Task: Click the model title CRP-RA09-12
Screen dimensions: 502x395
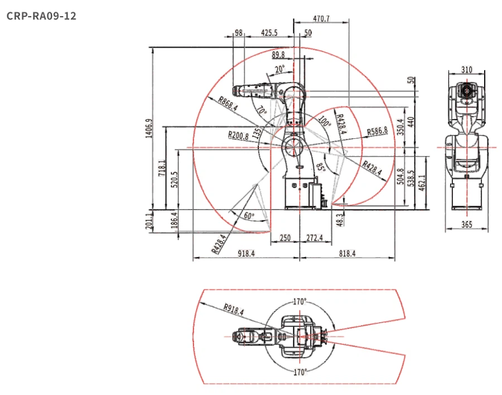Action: click(41, 16)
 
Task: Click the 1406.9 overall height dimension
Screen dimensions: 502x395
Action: click(149, 128)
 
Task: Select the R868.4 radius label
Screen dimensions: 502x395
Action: click(228, 104)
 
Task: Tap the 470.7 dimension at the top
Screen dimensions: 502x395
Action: click(321, 18)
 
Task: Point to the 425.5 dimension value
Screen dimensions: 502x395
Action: click(269, 33)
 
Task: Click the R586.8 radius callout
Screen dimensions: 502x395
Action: click(377, 131)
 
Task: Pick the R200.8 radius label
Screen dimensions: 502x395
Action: click(238, 135)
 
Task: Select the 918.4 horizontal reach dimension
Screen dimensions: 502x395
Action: click(246, 253)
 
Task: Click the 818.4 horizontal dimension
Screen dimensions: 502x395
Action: click(347, 253)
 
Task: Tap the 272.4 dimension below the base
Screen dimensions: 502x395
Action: click(315, 238)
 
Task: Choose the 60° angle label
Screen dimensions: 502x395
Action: click(249, 215)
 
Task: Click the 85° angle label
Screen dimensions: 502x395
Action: click(321, 167)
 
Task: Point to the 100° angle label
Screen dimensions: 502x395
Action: click(324, 122)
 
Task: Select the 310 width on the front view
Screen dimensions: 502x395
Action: click(466, 70)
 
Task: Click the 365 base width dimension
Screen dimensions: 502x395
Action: click(466, 224)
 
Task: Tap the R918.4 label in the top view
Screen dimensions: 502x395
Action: click(233, 309)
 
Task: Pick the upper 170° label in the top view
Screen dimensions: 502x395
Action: click(300, 301)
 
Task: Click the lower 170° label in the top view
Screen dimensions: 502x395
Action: click(300, 372)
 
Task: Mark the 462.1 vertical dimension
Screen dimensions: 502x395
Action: click(422, 182)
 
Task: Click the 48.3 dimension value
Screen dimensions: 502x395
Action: click(340, 220)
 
